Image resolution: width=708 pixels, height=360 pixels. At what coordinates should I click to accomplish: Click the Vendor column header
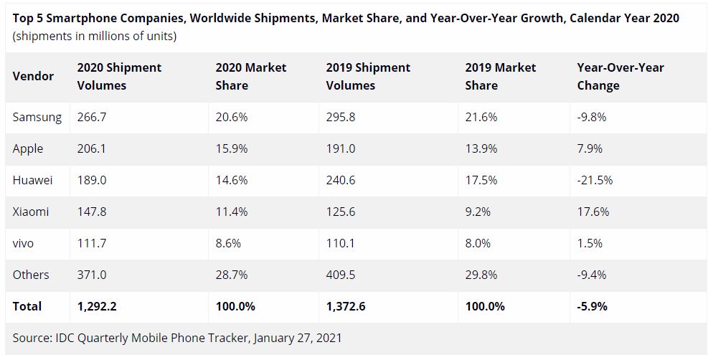(x=33, y=76)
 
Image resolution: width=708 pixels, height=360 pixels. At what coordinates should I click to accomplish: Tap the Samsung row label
(x=37, y=117)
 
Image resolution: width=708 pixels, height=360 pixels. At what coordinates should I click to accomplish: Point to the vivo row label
(x=24, y=243)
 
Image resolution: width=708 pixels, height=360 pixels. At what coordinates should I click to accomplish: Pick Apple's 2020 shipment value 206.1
(x=92, y=148)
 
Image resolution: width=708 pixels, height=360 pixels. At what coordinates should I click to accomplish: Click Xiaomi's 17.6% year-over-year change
(x=593, y=212)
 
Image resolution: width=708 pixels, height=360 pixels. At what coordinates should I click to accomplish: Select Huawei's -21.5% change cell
(x=595, y=180)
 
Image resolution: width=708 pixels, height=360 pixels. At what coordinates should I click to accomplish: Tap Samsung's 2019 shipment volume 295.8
(x=341, y=117)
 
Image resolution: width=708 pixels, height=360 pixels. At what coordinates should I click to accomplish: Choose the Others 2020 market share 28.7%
(x=232, y=275)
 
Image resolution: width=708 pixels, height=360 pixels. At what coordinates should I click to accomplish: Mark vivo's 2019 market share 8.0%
(x=478, y=243)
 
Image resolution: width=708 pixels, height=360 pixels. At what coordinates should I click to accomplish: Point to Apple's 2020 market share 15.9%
(x=232, y=148)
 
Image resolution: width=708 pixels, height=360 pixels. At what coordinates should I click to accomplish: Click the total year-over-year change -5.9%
(x=593, y=306)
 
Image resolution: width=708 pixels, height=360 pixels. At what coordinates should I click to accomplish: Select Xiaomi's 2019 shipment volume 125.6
(x=341, y=212)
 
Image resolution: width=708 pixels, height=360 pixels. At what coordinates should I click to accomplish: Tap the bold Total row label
(x=27, y=306)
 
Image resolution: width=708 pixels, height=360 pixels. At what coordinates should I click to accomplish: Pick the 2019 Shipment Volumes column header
(x=368, y=76)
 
